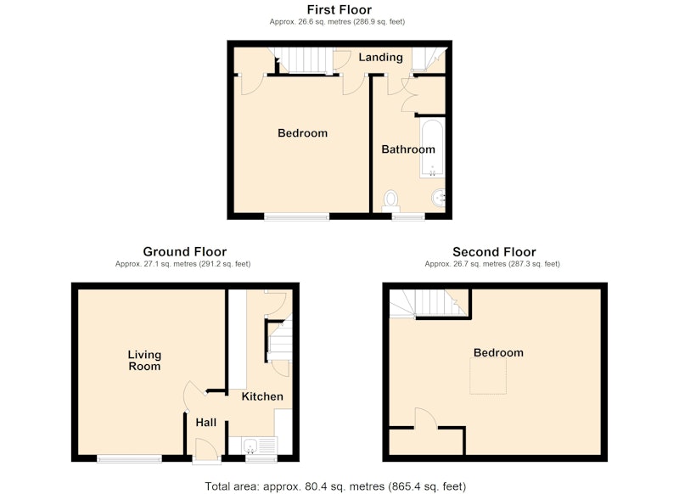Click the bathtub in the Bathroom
coord(432,149)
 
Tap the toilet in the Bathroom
coord(391,201)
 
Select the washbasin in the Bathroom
coord(438,199)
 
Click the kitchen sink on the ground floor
coord(260,446)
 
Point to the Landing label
coord(380,57)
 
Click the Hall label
coord(205,423)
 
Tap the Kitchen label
coord(262,396)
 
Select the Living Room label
coord(144,360)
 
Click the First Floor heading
coord(339,9)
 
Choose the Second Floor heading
coord(494,251)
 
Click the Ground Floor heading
coord(185,251)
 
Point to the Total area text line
coord(335,486)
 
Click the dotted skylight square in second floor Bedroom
coord(488,376)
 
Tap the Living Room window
coord(130,459)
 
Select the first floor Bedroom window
coord(297,217)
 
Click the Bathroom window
coord(408,217)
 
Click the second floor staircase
coord(428,304)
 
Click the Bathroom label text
coord(408,149)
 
